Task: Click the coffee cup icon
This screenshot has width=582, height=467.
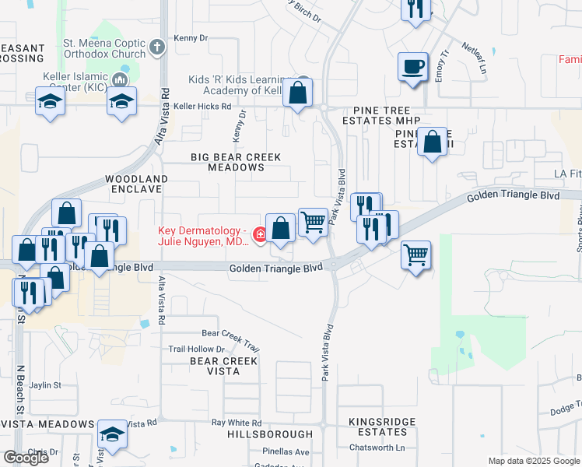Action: click(x=412, y=66)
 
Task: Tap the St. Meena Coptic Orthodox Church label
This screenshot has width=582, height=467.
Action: click(x=105, y=48)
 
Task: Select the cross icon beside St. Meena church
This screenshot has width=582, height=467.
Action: click(x=157, y=47)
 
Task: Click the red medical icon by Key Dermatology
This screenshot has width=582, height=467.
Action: click(x=259, y=234)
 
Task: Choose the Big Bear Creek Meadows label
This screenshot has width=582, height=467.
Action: click(x=236, y=162)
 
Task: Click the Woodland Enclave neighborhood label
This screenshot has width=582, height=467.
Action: click(x=137, y=184)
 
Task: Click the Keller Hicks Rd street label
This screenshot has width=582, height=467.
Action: click(x=202, y=106)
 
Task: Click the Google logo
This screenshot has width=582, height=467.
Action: click(x=26, y=457)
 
